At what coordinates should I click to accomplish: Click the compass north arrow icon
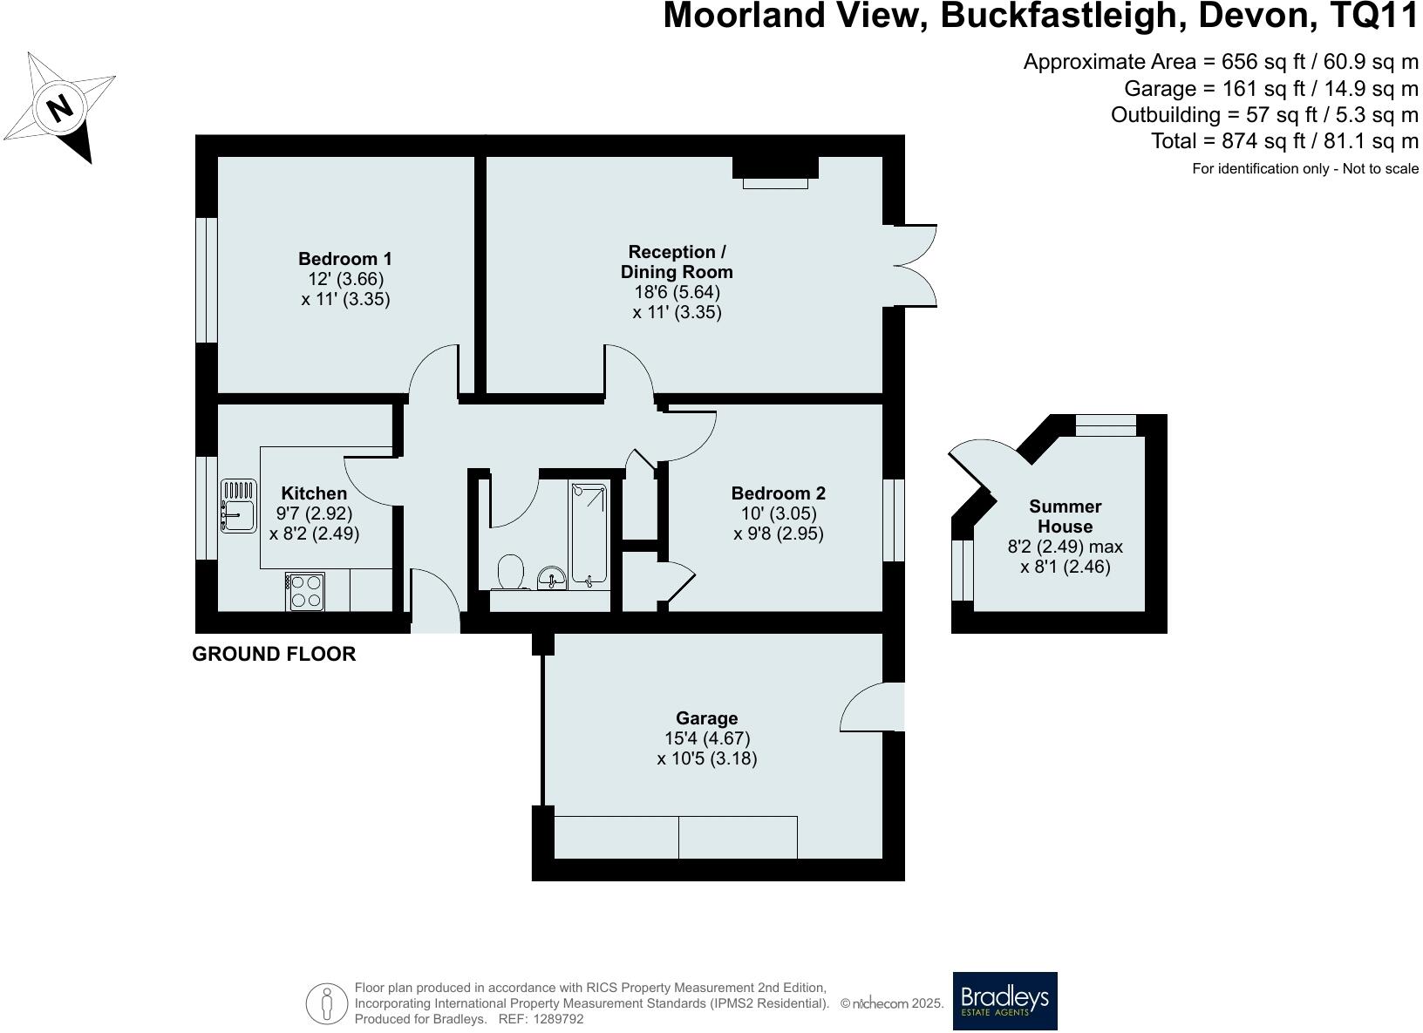pyautogui.click(x=60, y=108)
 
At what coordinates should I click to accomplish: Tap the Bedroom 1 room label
pyautogui.click(x=345, y=259)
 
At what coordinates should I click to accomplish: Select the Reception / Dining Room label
pyautogui.click(x=677, y=262)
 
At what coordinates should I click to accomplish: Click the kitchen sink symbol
pyautogui.click(x=238, y=506)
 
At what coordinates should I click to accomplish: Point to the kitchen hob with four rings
pyautogui.click(x=305, y=591)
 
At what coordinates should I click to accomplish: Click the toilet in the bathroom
pyautogui.click(x=511, y=573)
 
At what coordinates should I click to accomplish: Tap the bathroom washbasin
pyautogui.click(x=552, y=577)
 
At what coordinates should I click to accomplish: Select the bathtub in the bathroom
pyautogui.click(x=590, y=533)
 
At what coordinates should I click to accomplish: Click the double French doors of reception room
pyautogui.click(x=916, y=265)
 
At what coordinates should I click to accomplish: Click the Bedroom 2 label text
pyautogui.click(x=778, y=493)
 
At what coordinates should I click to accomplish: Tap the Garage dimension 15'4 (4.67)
pyautogui.click(x=707, y=738)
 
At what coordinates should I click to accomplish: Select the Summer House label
pyautogui.click(x=1065, y=516)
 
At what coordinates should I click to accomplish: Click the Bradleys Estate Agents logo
pyautogui.click(x=1004, y=1001)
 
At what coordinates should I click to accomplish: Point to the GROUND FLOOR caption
pyautogui.click(x=274, y=654)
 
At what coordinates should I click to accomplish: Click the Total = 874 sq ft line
pyautogui.click(x=1284, y=141)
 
